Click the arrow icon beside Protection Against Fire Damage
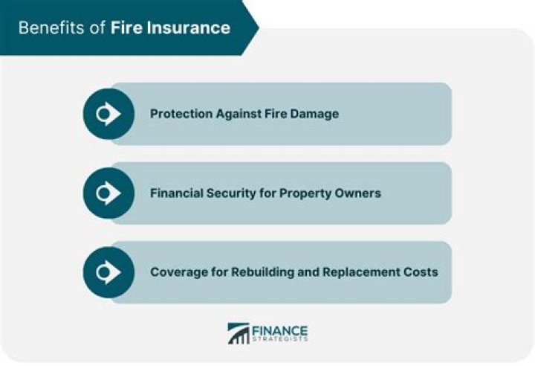(108, 114)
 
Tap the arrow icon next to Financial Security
(108, 193)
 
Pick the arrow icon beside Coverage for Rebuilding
(108, 272)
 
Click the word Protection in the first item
(179, 114)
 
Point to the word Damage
(315, 114)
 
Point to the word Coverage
(177, 272)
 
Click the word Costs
(421, 272)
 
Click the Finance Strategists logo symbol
(239, 333)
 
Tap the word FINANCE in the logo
(279, 330)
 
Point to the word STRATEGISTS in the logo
(279, 340)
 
